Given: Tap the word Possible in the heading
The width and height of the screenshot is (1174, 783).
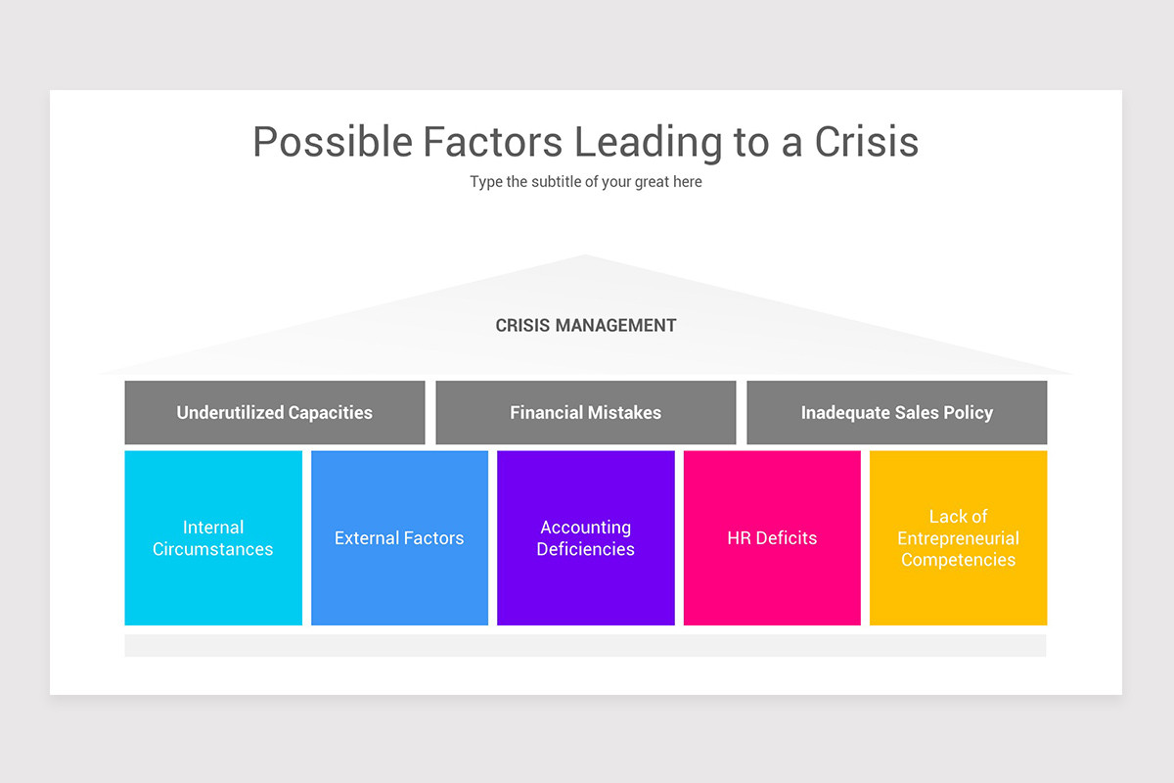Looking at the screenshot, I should (333, 142).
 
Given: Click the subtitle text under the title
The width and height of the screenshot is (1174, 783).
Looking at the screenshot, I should (585, 182).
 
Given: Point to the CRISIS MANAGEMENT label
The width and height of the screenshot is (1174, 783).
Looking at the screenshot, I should (585, 326).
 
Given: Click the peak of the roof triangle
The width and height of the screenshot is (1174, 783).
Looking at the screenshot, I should (585, 258).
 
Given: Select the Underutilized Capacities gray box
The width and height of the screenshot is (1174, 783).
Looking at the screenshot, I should (274, 413).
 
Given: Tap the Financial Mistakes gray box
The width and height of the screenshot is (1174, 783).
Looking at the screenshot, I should (585, 413).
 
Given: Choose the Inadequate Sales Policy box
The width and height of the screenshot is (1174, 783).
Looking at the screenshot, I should (896, 413).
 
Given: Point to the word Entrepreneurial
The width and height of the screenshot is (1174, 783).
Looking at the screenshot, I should (958, 538).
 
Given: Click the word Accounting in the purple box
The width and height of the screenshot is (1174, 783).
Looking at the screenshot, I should (585, 528).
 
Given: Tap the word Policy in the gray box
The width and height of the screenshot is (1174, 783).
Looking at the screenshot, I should (967, 413).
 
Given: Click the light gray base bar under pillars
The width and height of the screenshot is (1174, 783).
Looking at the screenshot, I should (585, 645).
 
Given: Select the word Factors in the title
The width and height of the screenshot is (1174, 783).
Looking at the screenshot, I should (492, 142).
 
